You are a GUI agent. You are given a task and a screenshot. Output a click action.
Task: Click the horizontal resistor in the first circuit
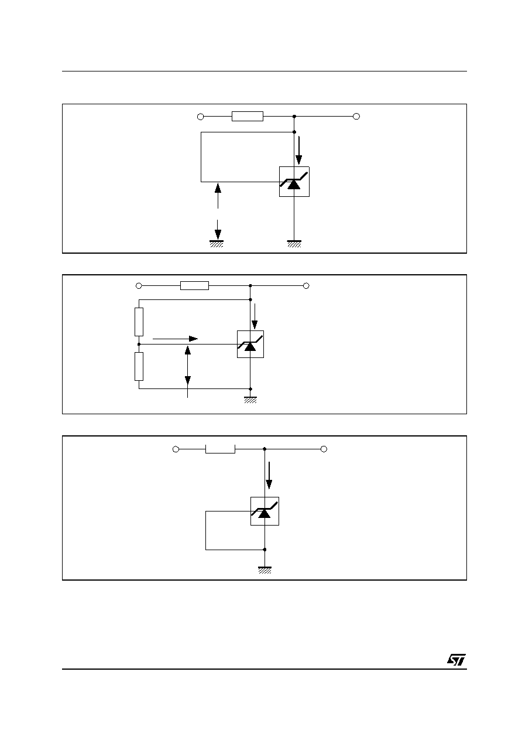248,116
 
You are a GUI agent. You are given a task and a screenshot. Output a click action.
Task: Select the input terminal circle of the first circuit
200,117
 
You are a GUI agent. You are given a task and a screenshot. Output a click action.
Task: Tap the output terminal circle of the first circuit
356,116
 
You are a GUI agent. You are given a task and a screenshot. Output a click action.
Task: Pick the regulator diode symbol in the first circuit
294,182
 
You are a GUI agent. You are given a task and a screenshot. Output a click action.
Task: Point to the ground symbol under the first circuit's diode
294,244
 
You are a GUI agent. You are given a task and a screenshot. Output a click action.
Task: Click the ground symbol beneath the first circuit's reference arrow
217,244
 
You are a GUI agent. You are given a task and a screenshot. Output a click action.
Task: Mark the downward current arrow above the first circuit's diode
298,151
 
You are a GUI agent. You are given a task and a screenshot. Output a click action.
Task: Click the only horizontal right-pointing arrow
175,339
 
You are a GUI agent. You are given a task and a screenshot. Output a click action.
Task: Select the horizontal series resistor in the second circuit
195,286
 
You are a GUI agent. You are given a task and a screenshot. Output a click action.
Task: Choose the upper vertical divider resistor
139,322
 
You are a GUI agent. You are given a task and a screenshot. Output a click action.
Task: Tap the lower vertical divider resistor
139,366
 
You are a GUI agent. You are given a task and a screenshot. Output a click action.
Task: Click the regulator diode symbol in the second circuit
250,345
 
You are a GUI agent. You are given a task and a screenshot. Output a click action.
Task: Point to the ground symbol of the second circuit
250,400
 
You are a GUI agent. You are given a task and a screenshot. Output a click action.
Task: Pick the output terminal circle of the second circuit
306,286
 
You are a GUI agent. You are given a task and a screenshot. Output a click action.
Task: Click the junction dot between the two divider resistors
139,345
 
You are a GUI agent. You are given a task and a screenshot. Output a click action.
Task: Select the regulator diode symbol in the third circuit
265,511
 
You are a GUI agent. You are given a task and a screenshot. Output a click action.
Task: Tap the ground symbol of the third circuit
265,570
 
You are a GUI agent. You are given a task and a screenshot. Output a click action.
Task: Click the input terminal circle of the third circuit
176,449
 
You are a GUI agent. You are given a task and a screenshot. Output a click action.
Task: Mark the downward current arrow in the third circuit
269,475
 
